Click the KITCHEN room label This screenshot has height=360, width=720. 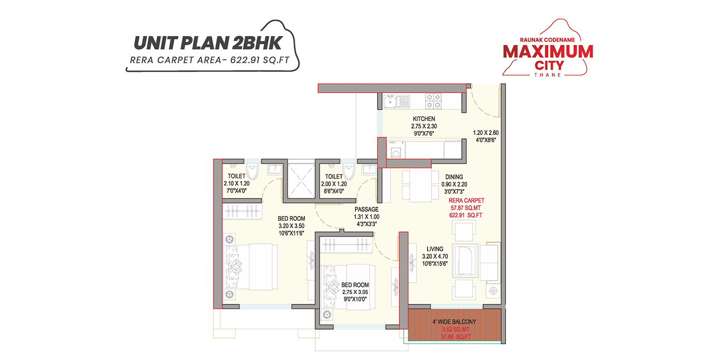(x=424, y=119)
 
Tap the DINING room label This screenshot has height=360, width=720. (x=454, y=177)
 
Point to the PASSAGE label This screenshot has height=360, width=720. (x=366, y=209)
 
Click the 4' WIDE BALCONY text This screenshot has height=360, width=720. (x=454, y=322)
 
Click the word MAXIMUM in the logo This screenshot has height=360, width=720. (x=548, y=51)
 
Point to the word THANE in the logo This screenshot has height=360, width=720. (x=548, y=74)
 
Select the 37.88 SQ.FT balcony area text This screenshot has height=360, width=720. (x=454, y=337)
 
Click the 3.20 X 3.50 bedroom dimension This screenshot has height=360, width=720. (x=291, y=225)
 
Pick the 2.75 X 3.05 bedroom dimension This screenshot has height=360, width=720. (x=355, y=292)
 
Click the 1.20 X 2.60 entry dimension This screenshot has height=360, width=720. (x=485, y=132)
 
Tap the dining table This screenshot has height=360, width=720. (x=417, y=185)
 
